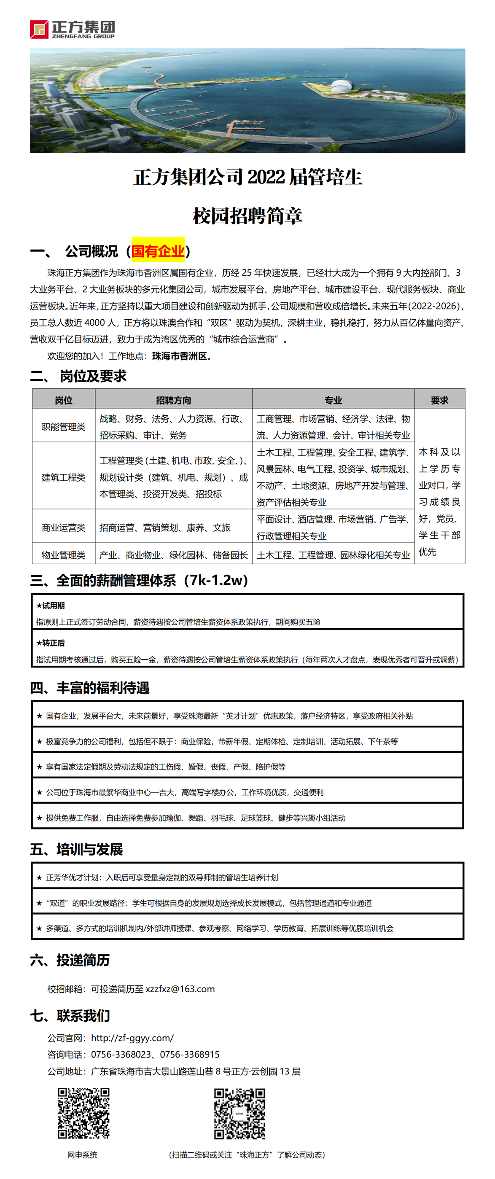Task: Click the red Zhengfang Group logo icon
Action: coord(39,29)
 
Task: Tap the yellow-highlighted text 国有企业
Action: coord(158,251)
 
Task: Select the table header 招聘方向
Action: coord(173,400)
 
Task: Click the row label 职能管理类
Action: coord(64,427)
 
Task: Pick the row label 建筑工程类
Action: coord(64,477)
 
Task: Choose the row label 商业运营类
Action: coord(64,527)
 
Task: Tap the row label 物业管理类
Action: coord(64,555)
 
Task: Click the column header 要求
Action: coord(439,400)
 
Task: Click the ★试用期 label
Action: coord(51,606)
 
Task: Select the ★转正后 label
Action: coord(51,643)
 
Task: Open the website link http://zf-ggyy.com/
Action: coord(132,1038)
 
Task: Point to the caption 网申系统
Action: coord(82,1154)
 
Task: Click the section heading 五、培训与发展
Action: coord(76,850)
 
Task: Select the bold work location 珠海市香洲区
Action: coord(180,356)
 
